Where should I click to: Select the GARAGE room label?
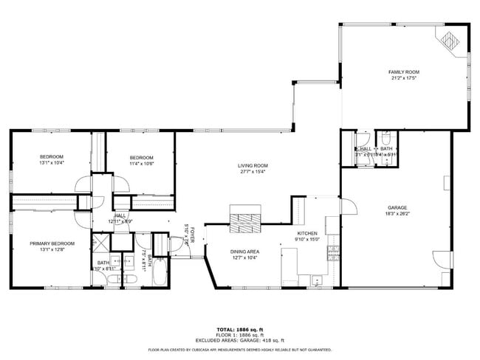[x=397, y=208]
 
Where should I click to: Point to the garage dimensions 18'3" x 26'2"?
[x=397, y=215]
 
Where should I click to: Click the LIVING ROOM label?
[x=253, y=165]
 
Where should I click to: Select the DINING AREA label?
[x=244, y=251]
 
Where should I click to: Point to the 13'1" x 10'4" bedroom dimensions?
[x=52, y=163]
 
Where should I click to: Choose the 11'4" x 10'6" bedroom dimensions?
[x=141, y=164]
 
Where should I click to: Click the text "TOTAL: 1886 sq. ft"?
[x=240, y=329]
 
